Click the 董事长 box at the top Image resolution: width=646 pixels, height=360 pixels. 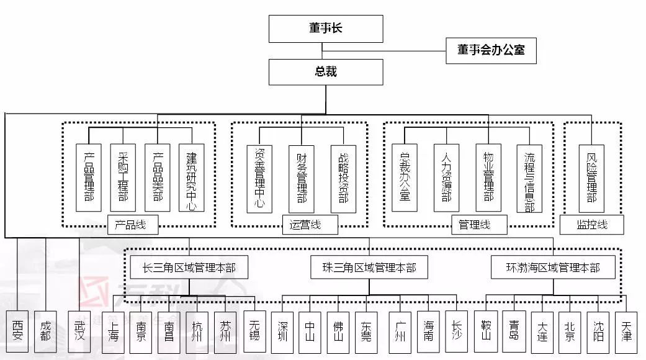(x=326, y=29)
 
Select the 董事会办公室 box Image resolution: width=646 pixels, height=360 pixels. (x=491, y=50)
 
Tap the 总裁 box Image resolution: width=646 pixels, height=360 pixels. (x=326, y=72)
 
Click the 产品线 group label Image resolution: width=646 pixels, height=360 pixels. (x=132, y=225)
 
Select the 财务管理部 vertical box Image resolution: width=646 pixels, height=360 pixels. (x=302, y=179)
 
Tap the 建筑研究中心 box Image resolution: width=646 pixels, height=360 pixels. (x=191, y=178)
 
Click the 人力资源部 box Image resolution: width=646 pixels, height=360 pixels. (x=446, y=178)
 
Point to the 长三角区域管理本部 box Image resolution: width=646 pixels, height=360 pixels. (x=189, y=268)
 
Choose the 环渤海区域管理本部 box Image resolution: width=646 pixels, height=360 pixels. (x=554, y=268)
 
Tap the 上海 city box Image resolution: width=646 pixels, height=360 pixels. (x=113, y=331)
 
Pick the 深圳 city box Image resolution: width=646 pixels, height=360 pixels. (x=282, y=331)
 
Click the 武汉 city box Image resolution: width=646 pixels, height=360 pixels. (x=79, y=331)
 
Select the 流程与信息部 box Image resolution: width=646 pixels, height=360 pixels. (x=529, y=178)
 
